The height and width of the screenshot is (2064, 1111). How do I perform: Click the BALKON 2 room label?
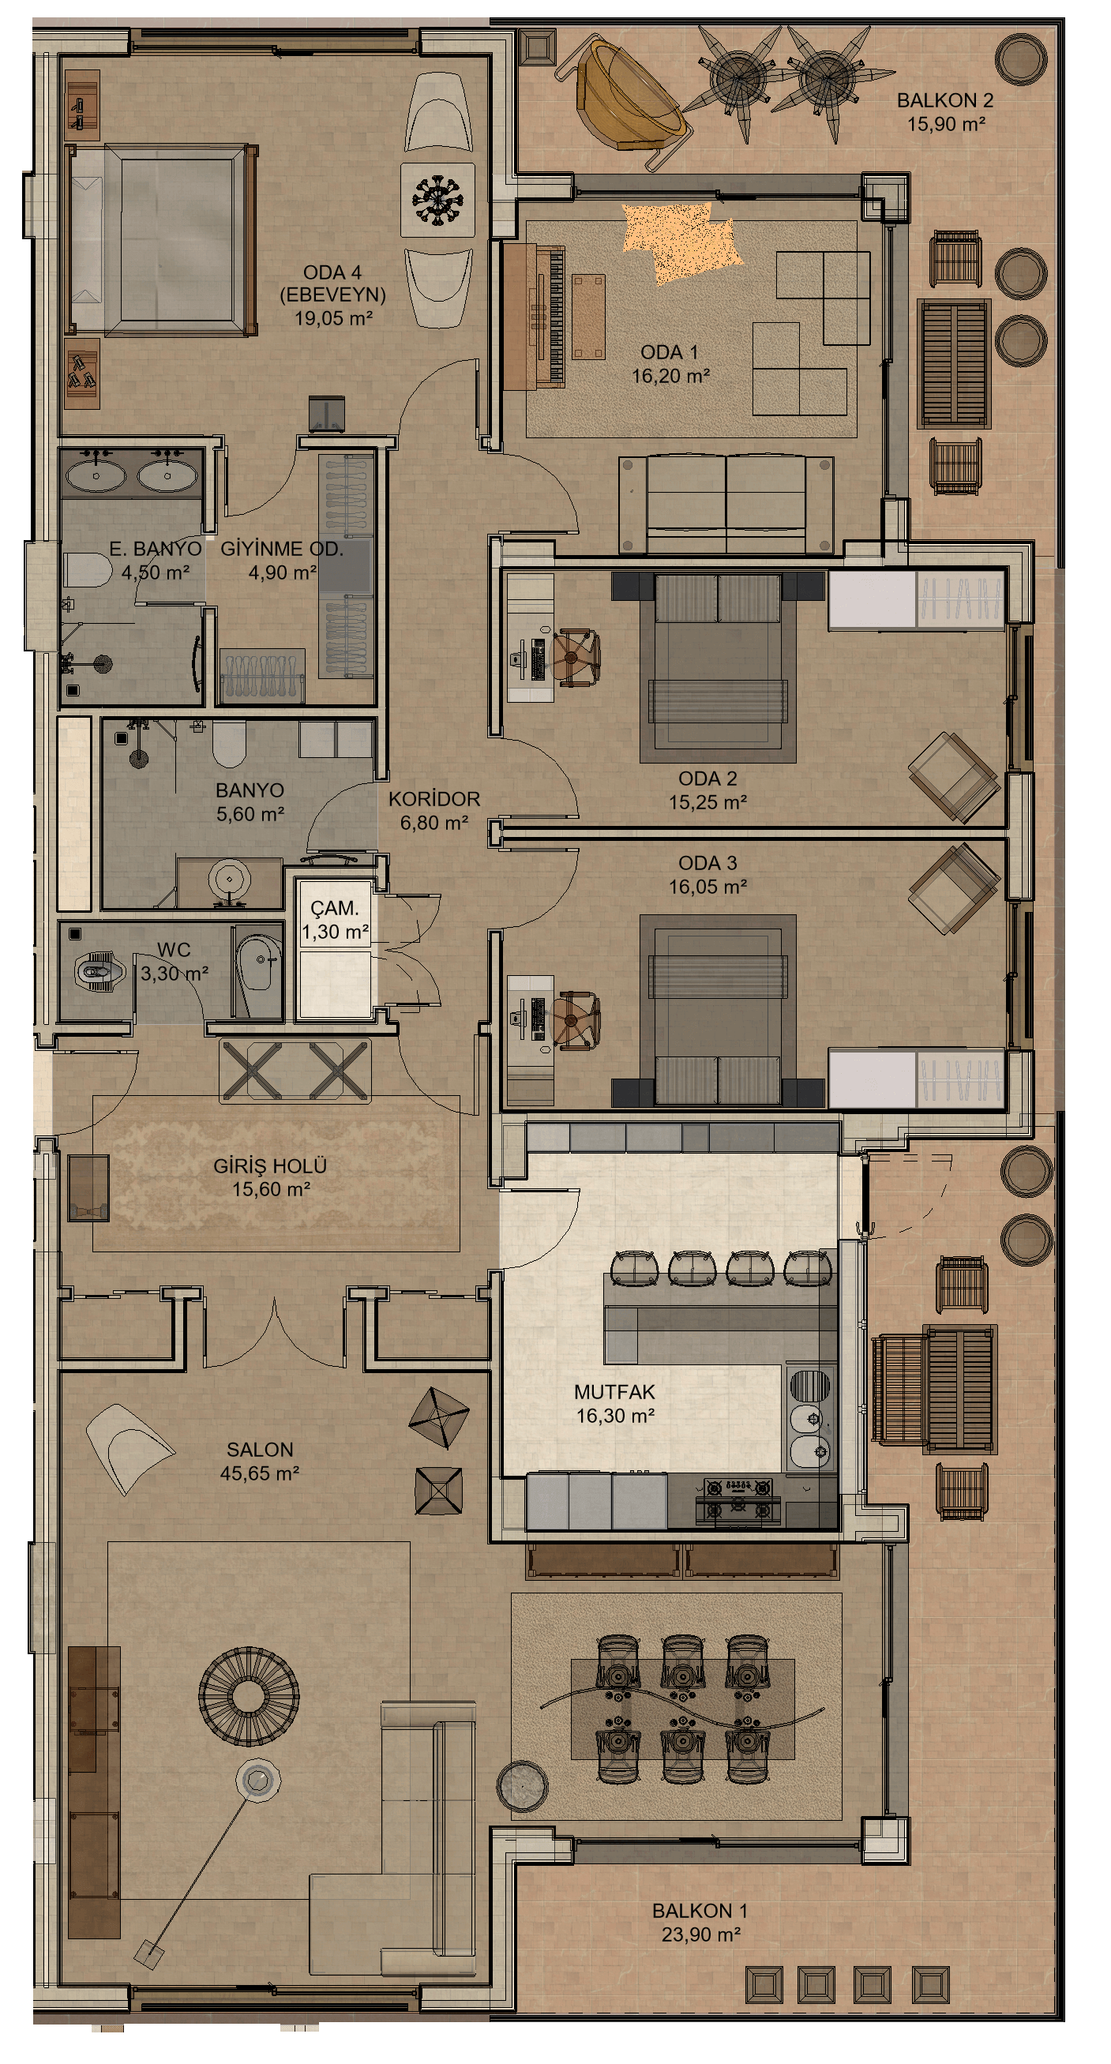[944, 101]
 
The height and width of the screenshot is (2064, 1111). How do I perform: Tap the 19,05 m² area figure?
[333, 318]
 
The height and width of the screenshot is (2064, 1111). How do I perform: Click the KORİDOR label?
[434, 799]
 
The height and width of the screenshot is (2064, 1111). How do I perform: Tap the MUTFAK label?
[614, 1393]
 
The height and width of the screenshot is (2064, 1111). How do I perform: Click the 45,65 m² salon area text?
[260, 1473]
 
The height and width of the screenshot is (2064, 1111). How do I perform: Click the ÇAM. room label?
[335, 908]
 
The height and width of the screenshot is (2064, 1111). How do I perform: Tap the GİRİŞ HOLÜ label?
[270, 1165]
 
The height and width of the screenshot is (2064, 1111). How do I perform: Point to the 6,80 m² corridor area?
[434, 823]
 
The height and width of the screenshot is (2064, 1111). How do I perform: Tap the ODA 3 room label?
[708, 863]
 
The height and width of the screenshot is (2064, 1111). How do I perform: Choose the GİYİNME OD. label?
[281, 549]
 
